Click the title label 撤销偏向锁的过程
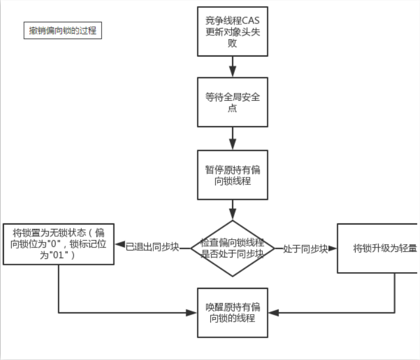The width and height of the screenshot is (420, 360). point(63,30)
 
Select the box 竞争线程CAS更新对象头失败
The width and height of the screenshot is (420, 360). point(233,31)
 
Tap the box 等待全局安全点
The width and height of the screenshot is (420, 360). point(233,102)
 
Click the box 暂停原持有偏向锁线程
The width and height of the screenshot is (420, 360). point(233,174)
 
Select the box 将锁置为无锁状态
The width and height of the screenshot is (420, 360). point(59,244)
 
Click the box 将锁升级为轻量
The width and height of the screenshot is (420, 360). point(378,248)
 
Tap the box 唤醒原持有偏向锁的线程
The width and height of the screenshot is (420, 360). point(233,312)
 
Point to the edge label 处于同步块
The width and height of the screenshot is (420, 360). point(305,249)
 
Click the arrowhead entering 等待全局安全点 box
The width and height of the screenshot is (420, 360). point(233,71)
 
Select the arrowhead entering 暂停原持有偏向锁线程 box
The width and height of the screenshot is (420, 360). point(233,144)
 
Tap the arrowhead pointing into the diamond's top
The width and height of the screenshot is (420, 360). point(233,214)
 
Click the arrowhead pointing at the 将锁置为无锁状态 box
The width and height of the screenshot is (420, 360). point(120,245)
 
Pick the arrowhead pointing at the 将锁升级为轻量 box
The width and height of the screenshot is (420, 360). point(332,248)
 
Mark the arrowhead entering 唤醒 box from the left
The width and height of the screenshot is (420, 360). point(192,312)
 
